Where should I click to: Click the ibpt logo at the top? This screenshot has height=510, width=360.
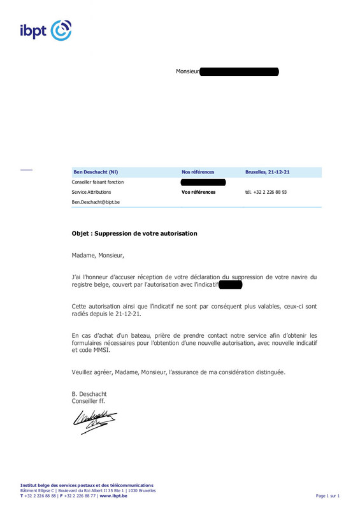tap(45, 30)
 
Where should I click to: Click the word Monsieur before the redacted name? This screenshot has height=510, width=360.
tap(187, 71)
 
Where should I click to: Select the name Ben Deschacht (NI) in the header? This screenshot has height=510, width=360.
tap(96, 172)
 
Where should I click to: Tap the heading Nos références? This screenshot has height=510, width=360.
tap(198, 172)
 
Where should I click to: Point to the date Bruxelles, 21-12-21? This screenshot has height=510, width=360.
tap(268, 172)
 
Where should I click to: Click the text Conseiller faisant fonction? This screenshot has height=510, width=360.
tap(97, 182)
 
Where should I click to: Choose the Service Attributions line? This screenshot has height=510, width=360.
tap(91, 192)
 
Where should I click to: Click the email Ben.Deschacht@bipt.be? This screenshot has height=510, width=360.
tap(96, 202)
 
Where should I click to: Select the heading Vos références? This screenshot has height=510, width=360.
tap(198, 192)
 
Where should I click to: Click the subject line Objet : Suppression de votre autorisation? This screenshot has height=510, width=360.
tap(134, 233)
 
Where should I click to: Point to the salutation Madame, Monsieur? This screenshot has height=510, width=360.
tap(98, 256)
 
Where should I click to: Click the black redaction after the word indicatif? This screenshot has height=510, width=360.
tap(230, 284)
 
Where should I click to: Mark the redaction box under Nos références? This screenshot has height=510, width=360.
tap(203, 182)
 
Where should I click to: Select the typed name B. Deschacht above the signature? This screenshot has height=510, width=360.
tap(89, 394)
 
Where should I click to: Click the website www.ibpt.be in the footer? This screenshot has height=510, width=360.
tap(113, 495)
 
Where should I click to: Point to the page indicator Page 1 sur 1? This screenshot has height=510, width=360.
tap(328, 495)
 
